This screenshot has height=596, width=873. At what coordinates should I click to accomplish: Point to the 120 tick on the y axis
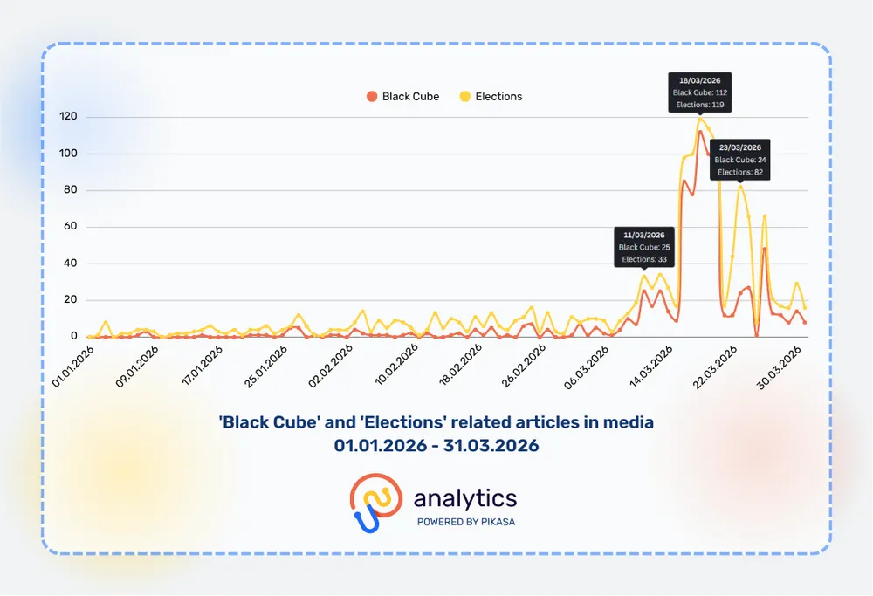tap(68, 117)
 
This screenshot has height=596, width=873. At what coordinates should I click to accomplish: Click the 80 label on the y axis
tap(71, 190)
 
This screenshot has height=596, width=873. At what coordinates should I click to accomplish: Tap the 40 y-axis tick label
tap(71, 264)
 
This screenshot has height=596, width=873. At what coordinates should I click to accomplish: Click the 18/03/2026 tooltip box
tap(700, 92)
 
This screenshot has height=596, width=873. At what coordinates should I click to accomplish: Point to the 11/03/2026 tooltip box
tap(644, 247)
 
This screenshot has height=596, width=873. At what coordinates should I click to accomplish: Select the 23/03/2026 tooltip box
tap(740, 160)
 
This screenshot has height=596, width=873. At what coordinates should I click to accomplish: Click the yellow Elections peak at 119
tap(700, 120)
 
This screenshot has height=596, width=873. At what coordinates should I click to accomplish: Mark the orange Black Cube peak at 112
tap(700, 132)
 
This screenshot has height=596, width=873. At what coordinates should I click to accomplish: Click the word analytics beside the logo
tap(465, 498)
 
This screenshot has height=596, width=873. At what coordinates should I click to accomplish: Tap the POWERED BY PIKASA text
tap(465, 522)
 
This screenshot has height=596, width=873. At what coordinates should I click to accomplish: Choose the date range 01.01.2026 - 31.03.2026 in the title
tap(436, 446)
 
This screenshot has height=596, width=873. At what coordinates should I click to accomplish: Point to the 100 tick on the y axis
tap(68, 154)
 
